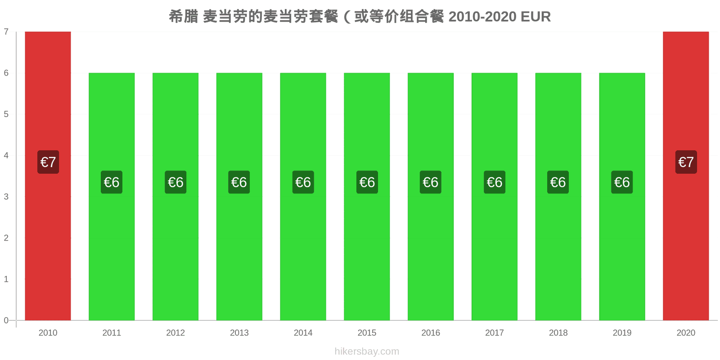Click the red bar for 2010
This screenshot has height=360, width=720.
pyautogui.click(x=48, y=176)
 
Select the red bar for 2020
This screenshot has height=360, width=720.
pyautogui.click(x=686, y=176)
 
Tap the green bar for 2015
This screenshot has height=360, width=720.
pyautogui.click(x=367, y=197)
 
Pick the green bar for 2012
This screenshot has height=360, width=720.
pyautogui.click(x=175, y=197)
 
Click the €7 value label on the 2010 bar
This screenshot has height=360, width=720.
pyautogui.click(x=48, y=162)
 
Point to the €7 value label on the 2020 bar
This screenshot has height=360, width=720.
pyautogui.click(x=686, y=162)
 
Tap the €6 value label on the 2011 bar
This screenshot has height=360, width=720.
pyautogui.click(x=112, y=182)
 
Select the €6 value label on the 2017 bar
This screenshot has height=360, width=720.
pyautogui.click(x=495, y=182)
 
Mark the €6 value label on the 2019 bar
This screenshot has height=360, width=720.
pyautogui.click(x=622, y=182)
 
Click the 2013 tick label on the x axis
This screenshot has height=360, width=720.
pyautogui.click(x=239, y=333)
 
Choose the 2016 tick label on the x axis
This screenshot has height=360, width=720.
pyautogui.click(x=431, y=333)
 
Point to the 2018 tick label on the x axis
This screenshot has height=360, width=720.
pyautogui.click(x=558, y=333)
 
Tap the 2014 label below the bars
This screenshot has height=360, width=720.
pyautogui.click(x=303, y=333)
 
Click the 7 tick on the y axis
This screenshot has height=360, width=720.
pyautogui.click(x=6, y=31)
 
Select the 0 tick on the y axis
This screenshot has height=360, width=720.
pyautogui.click(x=6, y=320)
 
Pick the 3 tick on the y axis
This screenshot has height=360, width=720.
pyautogui.click(x=6, y=196)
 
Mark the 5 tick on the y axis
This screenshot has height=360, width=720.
pyautogui.click(x=6, y=114)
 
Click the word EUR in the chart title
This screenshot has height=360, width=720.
pyautogui.click(x=535, y=17)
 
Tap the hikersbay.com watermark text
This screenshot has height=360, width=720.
pyautogui.click(x=367, y=351)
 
